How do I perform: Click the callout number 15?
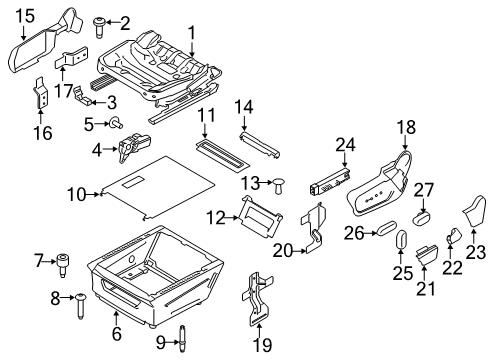tap(24, 14)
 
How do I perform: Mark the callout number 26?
tap(352, 232)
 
